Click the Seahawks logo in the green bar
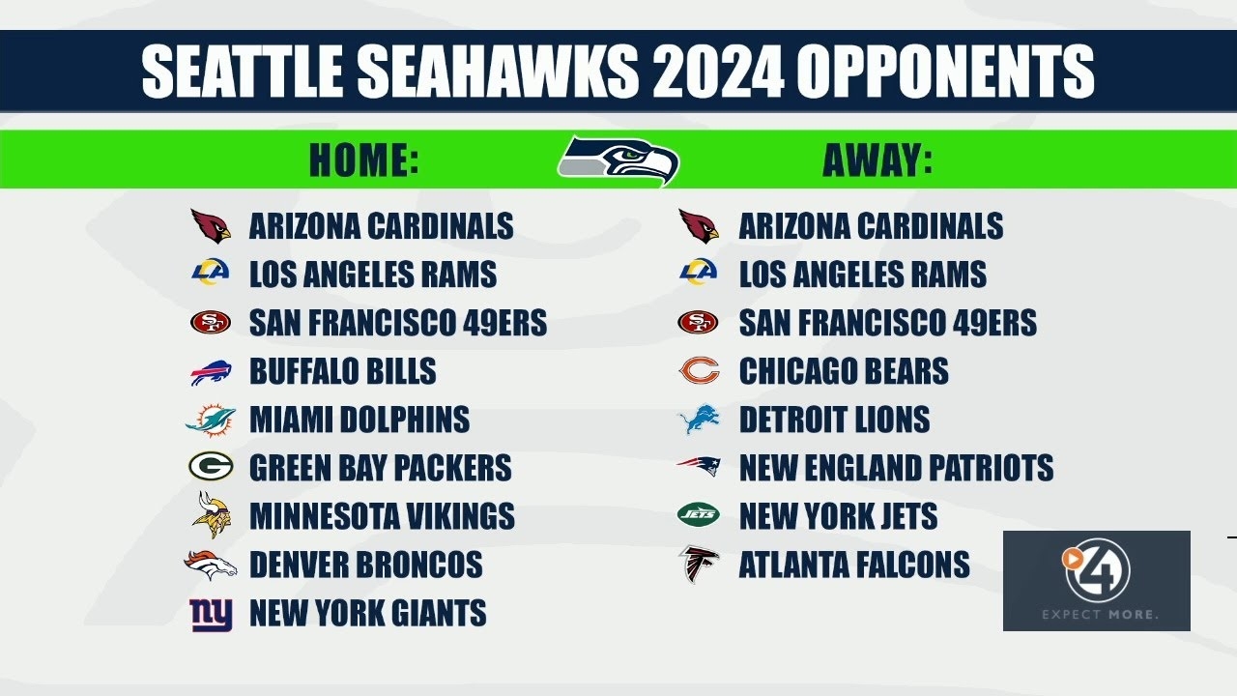[x=618, y=160]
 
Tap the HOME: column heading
[x=364, y=160]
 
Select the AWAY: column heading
[x=877, y=160]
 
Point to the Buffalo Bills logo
[x=211, y=372]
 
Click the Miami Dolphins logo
[x=211, y=420]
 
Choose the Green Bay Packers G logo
[x=211, y=468]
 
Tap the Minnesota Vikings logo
[x=212, y=515]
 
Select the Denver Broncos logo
[x=211, y=565]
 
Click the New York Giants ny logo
[x=211, y=614]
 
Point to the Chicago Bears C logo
[x=698, y=371]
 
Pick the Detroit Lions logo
[x=698, y=420]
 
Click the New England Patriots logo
[x=698, y=468]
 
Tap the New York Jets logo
[x=698, y=515]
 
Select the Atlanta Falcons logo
[x=698, y=565]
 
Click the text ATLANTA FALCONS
[x=854, y=565]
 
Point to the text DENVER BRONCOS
[x=365, y=565]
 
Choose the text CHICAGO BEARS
[x=844, y=371]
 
